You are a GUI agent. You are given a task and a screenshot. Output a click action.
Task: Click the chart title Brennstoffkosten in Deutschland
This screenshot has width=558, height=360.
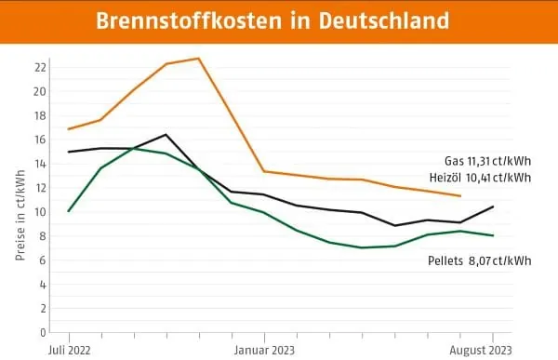point(278,20)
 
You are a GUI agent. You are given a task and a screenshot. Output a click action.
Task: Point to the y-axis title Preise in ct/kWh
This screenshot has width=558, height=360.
point(20,199)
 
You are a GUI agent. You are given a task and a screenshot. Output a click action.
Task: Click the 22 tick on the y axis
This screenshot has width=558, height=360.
point(40,67)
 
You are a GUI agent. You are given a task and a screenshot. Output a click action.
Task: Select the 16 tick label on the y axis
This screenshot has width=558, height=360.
point(40,140)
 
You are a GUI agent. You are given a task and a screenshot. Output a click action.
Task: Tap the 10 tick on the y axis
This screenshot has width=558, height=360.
point(40,212)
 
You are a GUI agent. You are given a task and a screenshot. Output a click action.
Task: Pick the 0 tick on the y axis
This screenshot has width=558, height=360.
point(42,332)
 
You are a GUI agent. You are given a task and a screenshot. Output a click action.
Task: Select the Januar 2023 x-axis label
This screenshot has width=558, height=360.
point(264,350)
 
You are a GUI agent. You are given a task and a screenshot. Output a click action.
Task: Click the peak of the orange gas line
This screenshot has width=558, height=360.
point(198,59)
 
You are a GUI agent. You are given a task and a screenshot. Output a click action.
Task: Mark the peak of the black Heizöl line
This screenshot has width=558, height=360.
point(166,135)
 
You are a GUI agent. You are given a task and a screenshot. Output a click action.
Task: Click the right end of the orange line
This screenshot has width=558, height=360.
point(460,196)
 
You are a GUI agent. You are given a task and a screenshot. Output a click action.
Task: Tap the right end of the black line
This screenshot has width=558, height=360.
point(493,207)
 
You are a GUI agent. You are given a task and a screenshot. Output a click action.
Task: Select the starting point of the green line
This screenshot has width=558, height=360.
point(68,211)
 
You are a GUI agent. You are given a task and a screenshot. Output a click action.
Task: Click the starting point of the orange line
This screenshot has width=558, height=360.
point(68,129)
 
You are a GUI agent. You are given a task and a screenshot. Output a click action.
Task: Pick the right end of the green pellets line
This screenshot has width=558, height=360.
point(493,235)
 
